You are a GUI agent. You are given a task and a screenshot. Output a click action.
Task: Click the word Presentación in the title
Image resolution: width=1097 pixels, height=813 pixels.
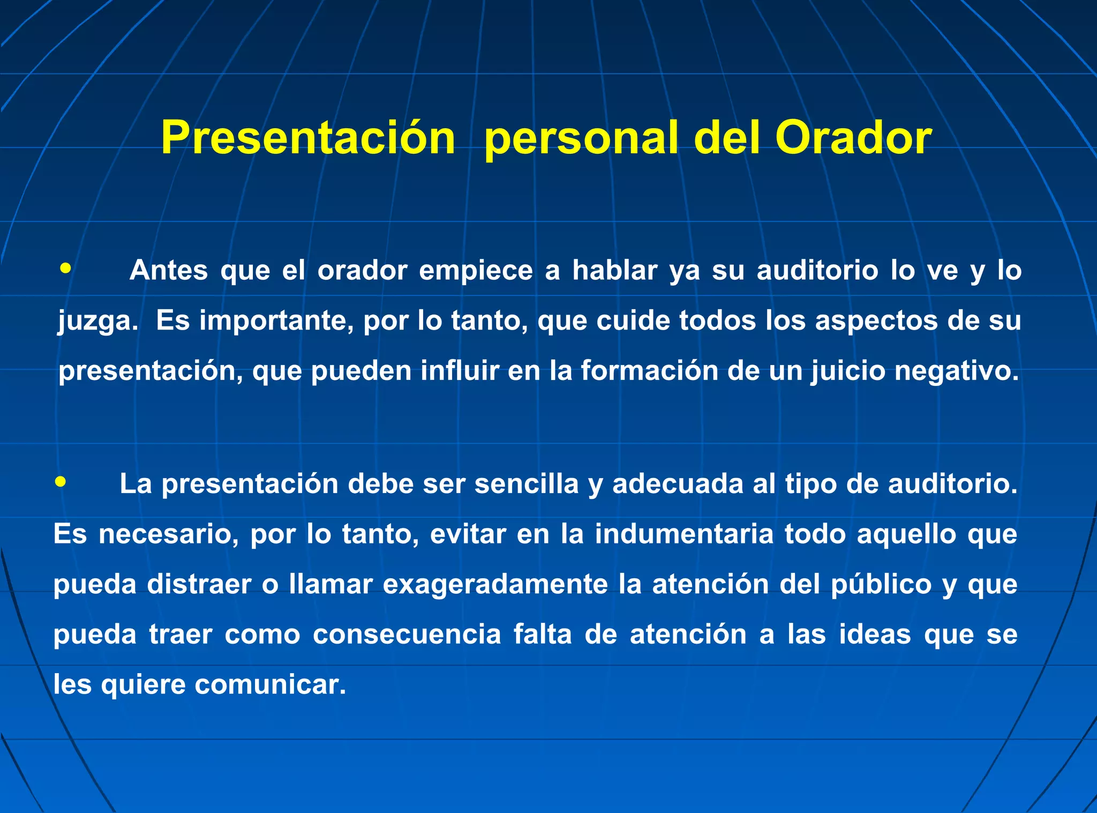[308, 138]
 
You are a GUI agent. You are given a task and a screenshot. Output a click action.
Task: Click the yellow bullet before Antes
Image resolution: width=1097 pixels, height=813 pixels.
[65, 268]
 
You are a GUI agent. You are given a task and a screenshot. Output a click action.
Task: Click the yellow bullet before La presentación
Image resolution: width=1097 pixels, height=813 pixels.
[61, 482]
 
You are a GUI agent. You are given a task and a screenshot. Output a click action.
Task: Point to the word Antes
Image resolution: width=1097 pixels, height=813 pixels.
[168, 270]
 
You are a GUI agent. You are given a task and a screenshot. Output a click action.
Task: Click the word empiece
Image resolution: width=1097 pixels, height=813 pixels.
[476, 270]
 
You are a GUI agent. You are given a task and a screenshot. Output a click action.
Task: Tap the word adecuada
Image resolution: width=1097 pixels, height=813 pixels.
[677, 484]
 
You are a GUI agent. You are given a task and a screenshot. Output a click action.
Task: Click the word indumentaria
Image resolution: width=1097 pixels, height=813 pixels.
[684, 534]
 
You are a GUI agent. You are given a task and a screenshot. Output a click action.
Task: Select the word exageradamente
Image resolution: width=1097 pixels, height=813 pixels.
[495, 584]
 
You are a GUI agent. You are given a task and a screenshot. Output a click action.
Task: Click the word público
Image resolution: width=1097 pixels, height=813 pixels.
[881, 584]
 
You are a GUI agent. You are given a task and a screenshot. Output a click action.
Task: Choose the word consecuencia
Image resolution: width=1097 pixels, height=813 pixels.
[407, 635]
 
